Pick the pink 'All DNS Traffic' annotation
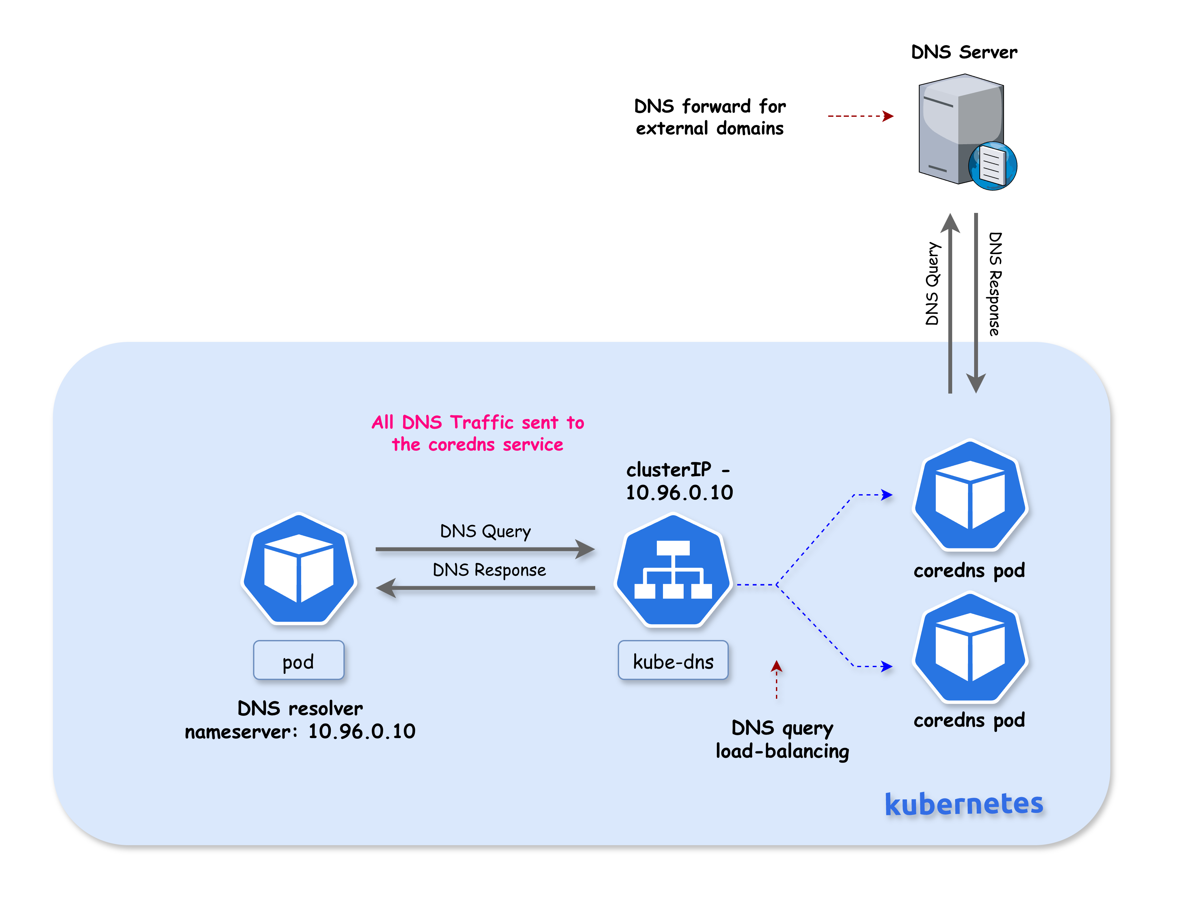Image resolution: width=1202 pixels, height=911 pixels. pyautogui.click(x=478, y=433)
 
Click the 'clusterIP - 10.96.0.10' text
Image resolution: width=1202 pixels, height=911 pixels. pyautogui.click(x=679, y=481)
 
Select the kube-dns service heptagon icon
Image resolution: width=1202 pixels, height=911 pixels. pyautogui.click(x=673, y=570)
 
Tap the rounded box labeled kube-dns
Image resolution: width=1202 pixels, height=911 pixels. pyautogui.click(x=673, y=661)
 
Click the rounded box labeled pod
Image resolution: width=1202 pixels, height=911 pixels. pyautogui.click(x=298, y=661)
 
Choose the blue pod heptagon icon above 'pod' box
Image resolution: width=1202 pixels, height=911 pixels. pyautogui.click(x=298, y=569)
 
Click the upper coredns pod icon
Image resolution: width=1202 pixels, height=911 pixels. pyautogui.click(x=969, y=496)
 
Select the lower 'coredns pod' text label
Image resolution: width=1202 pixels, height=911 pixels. pyautogui.click(x=969, y=720)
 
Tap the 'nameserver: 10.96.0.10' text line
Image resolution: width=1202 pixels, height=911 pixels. pyautogui.click(x=300, y=732)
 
